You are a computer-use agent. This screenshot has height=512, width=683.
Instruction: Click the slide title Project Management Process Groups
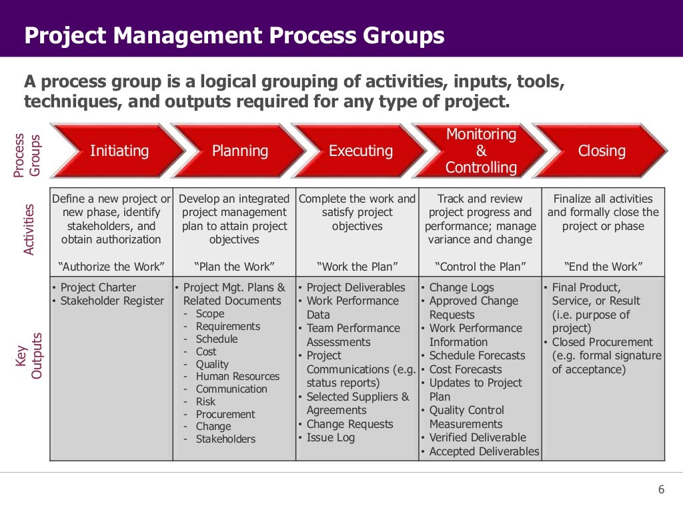[x=234, y=35]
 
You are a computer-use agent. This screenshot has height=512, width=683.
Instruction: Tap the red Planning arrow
[x=240, y=151]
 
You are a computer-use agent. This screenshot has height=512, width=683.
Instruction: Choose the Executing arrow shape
[x=360, y=151]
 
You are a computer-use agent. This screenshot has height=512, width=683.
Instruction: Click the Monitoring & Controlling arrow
[x=481, y=151]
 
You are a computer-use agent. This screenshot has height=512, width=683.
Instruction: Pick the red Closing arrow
[x=602, y=151]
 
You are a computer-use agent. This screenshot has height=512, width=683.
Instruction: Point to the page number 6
[x=661, y=489]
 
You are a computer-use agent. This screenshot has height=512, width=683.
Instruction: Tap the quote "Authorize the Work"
[x=111, y=267]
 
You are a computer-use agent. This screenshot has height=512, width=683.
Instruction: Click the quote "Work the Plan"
[x=358, y=267]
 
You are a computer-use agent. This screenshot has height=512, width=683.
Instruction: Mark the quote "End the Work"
[x=603, y=267]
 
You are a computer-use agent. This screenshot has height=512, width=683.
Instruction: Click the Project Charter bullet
[x=98, y=287]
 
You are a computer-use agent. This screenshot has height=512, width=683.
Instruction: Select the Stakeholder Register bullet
[x=111, y=301]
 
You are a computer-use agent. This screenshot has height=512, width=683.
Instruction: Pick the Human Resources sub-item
[x=237, y=377]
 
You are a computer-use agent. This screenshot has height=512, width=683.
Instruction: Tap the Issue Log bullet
[x=330, y=438]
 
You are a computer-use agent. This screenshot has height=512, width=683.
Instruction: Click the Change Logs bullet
[x=462, y=287]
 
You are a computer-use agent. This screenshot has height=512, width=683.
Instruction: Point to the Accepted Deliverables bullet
[x=484, y=451]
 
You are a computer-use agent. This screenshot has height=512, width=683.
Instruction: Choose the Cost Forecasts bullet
[x=466, y=369]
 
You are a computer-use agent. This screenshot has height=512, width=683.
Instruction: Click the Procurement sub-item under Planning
[x=225, y=414]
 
